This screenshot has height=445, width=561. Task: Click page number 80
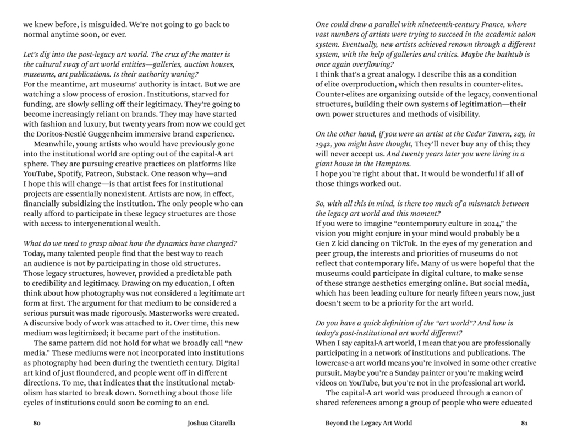pyautogui.click(x=37, y=424)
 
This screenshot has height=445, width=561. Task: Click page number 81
pyautogui.click(x=524, y=424)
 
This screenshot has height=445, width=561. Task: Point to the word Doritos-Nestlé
pyautogui.click(x=65, y=134)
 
